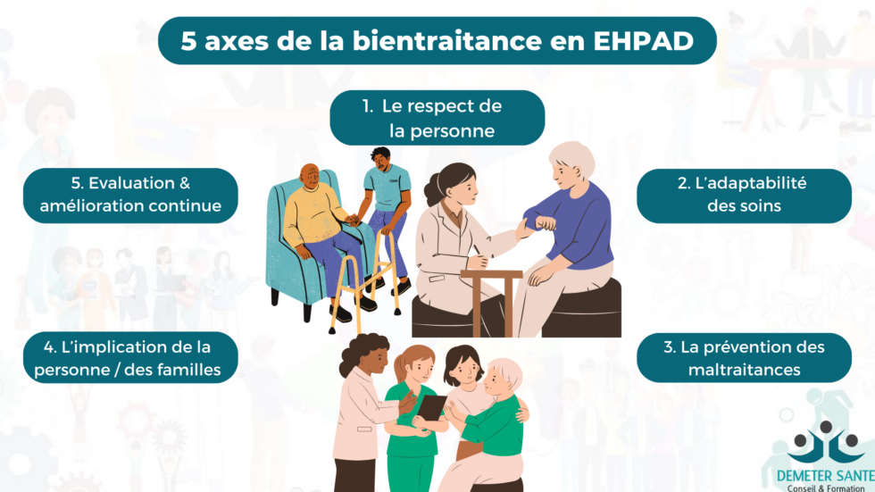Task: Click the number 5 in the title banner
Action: tap(187, 42)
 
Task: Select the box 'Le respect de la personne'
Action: tap(437, 118)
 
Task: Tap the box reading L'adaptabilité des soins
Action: tap(744, 195)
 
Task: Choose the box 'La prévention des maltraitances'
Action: tap(744, 358)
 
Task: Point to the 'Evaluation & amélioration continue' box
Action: tap(130, 195)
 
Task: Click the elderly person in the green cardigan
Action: tap(496, 420)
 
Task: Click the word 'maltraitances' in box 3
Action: tap(744, 369)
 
